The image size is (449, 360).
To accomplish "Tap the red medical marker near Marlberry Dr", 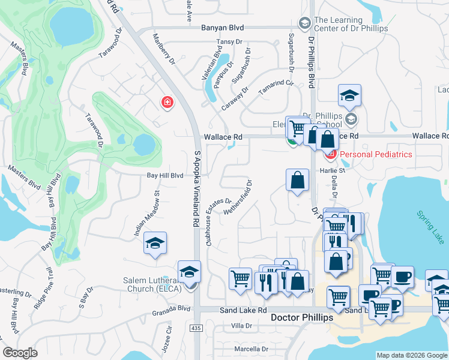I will click(167, 103).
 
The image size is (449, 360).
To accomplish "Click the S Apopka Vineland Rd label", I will click(196, 188).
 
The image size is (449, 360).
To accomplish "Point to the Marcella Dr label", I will click(251, 349).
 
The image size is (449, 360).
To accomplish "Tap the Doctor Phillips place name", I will click(301, 317).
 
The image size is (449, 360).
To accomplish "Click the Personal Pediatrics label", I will click(376, 154).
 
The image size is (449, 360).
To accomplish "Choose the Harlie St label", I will click(336, 170).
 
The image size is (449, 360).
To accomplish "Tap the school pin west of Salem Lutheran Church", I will click(155, 243).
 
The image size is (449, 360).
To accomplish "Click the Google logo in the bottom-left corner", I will click(20, 353).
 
